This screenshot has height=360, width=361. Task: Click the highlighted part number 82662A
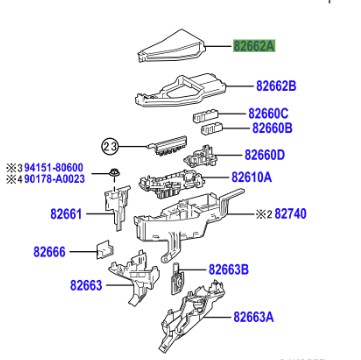click(254, 46)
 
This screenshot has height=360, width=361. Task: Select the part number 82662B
click(276, 86)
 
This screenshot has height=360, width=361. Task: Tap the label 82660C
click(268, 114)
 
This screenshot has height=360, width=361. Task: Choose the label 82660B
click(272, 128)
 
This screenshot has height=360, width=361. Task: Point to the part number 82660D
click(265, 155)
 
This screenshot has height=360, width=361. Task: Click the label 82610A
click(251, 177)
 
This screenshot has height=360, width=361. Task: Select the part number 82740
click(290, 214)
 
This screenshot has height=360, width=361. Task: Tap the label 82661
click(66, 214)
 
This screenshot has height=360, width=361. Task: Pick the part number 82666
click(49, 252)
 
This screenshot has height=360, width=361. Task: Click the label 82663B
click(229, 269)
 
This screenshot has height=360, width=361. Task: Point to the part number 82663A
click(253, 317)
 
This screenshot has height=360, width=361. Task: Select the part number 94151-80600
click(54, 167)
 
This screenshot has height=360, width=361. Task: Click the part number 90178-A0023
click(55, 179)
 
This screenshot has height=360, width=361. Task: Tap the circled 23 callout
click(110, 147)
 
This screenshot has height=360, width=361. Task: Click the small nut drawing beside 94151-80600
click(114, 173)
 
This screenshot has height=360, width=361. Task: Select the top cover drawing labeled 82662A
click(172, 47)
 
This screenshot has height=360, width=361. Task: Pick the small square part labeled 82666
click(105, 249)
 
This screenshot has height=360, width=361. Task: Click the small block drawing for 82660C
click(206, 115)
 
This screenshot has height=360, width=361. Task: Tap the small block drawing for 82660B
click(212, 128)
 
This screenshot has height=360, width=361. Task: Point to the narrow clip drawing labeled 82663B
click(178, 279)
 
